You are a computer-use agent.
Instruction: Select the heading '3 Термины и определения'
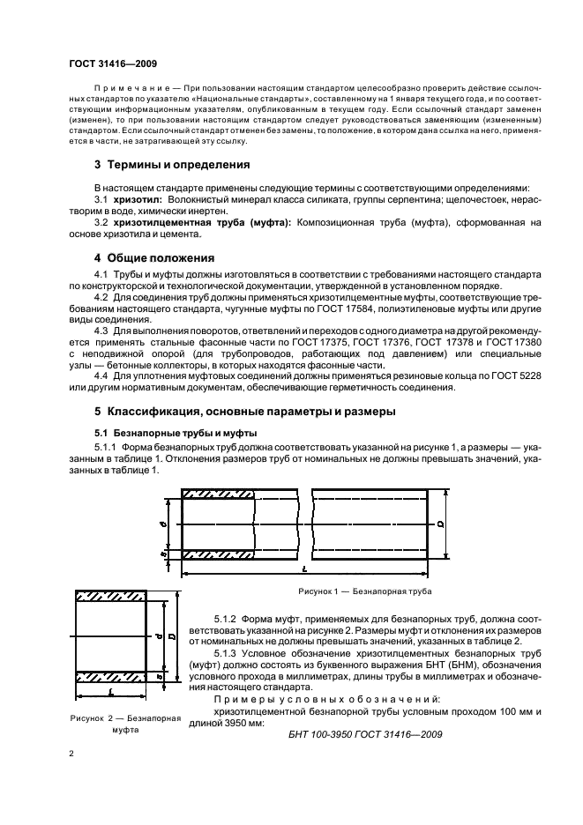point(172,164)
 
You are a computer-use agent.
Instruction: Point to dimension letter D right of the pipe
point(438,524)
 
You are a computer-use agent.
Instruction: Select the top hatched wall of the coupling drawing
point(110,596)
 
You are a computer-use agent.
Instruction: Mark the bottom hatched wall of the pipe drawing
point(219,554)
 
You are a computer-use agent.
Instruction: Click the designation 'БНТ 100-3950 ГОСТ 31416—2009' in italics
point(365,734)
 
